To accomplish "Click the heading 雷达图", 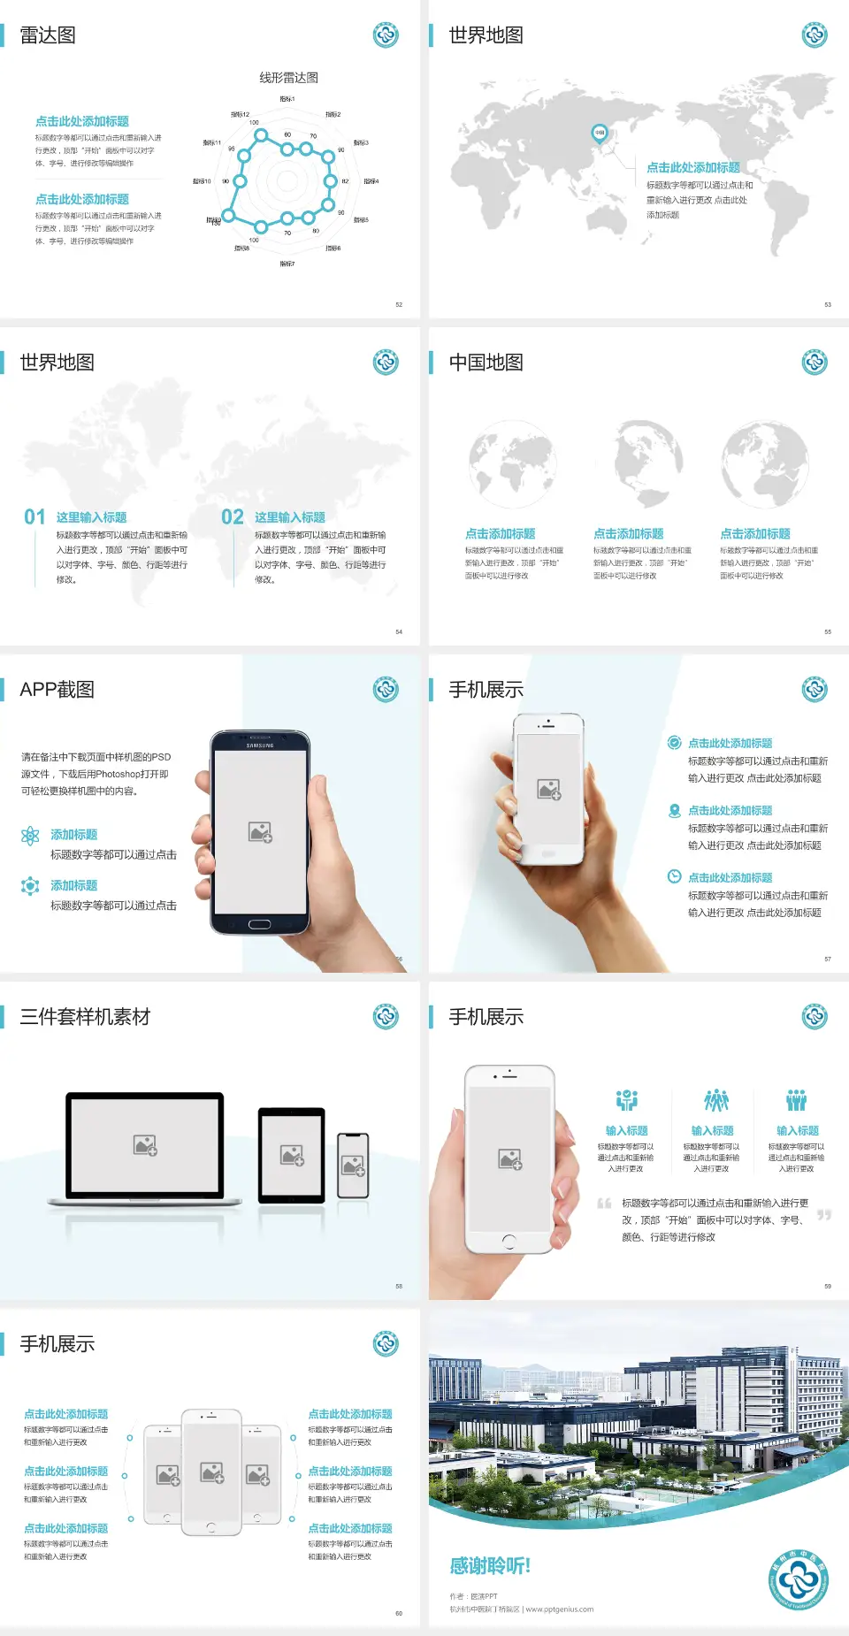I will pos(48,35).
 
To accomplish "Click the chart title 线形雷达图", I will pos(288,78).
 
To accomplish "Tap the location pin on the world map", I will pos(599,133).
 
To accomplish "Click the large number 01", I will pos(34,517).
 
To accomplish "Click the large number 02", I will pos(233,517).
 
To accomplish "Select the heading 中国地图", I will pos(486,363).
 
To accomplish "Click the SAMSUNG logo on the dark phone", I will pos(260,745).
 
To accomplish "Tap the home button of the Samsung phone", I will pos(259,924).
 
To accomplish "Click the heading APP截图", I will pos(57,690).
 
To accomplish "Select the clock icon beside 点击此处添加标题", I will pos(674,876).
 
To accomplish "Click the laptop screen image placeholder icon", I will pos(145,1145).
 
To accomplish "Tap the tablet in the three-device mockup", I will pos(292,1155).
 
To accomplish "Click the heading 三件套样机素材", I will pos(85,1017).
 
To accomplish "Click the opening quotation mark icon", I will pos(604,1204).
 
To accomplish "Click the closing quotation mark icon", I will pos(824,1215).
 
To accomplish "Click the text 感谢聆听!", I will pos(490,1566).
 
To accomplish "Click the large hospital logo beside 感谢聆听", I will pos(799,1580).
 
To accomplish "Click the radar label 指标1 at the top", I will pos(287,99).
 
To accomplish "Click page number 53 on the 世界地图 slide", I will pos(828,304).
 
